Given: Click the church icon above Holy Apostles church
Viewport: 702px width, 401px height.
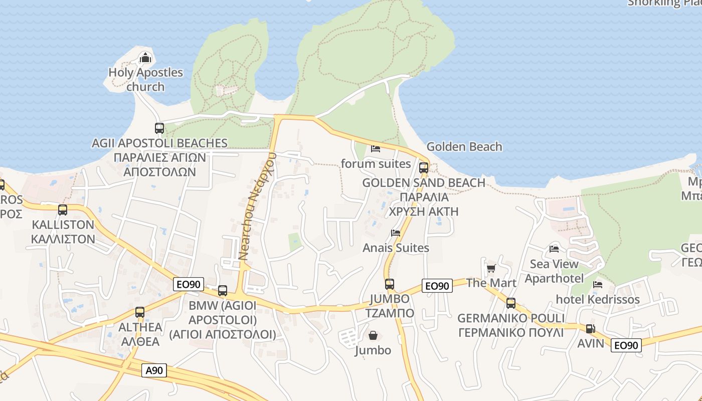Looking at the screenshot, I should click(x=145, y=58).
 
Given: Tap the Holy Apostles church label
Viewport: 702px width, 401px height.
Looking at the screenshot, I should click(x=145, y=79).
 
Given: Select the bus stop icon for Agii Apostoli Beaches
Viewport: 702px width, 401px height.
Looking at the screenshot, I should click(x=159, y=128).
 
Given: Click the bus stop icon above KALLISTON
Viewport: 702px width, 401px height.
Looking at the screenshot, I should click(x=63, y=210).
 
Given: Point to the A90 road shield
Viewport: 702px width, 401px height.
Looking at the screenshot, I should click(x=154, y=370).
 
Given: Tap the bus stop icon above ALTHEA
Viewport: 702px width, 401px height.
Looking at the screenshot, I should click(x=140, y=312).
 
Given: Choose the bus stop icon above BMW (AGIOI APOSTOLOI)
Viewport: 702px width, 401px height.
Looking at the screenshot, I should click(x=223, y=291).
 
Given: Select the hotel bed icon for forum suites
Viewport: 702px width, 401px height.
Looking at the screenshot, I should click(x=375, y=148).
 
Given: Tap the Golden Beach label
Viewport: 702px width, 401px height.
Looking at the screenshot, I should click(x=464, y=147).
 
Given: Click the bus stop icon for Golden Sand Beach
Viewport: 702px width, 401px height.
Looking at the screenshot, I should click(x=424, y=168).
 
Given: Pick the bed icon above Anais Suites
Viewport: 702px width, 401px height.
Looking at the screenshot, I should click(x=396, y=233).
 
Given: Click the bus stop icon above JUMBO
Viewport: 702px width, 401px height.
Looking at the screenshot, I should click(x=390, y=284).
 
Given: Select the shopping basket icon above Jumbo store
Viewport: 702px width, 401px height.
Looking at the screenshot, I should click(x=373, y=335).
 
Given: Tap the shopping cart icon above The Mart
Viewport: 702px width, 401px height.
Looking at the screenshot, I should click(x=491, y=268).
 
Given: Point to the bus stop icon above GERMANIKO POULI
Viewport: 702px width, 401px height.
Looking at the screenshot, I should click(x=510, y=303).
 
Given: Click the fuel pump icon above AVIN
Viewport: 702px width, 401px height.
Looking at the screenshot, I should click(x=591, y=329).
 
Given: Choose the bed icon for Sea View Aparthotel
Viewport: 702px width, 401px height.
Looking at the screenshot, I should click(x=554, y=249).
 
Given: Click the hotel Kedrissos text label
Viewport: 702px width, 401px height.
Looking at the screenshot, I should click(x=598, y=300).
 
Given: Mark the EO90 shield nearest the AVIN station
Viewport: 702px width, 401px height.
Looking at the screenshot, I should click(x=626, y=345).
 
